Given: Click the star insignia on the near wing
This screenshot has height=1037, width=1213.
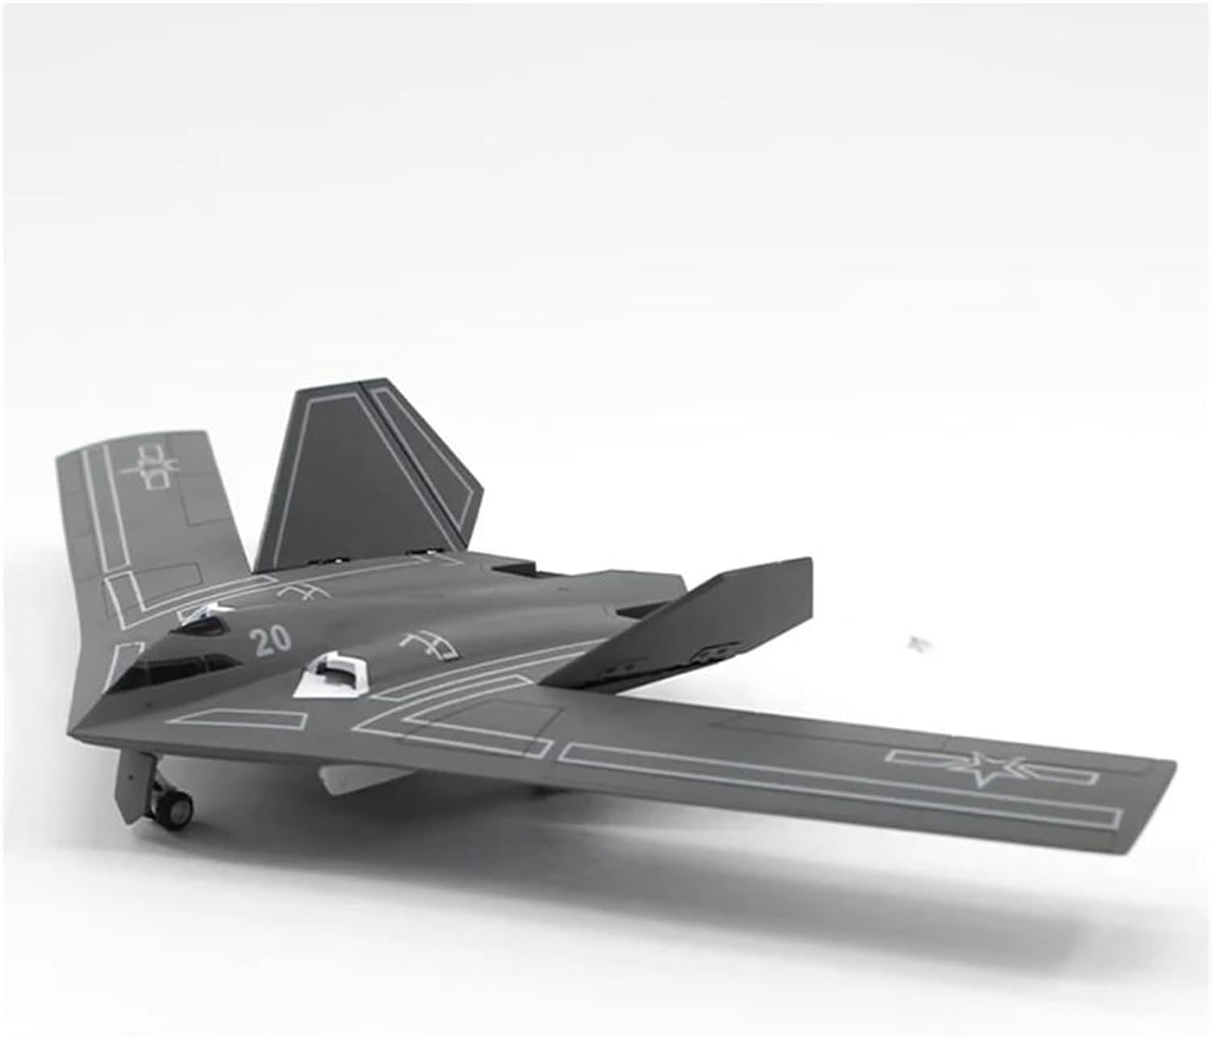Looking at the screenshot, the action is [991, 768].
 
